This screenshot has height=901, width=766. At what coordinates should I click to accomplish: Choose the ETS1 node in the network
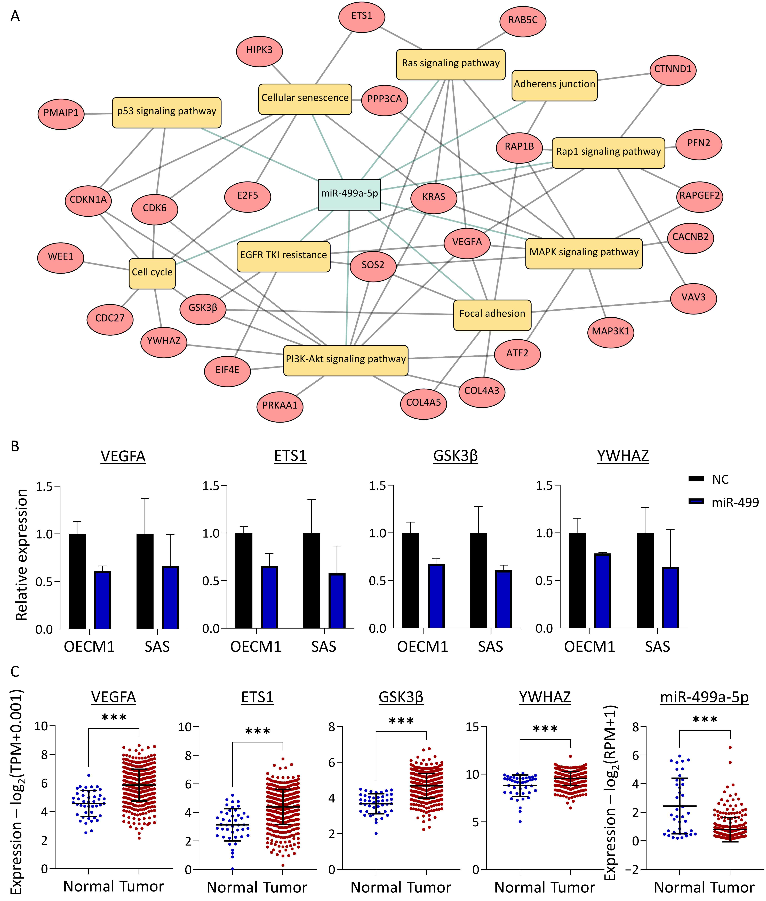[x=362, y=16]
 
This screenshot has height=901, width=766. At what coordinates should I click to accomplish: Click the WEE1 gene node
[x=61, y=257]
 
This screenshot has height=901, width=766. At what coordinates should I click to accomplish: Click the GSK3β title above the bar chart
[x=456, y=456]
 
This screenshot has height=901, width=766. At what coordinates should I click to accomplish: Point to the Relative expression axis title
[x=22, y=555]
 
